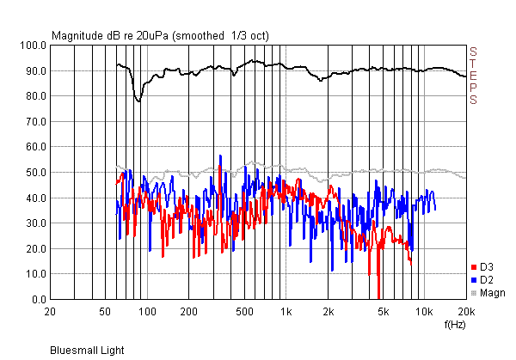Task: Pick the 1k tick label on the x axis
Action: coord(286,311)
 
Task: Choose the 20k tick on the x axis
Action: coord(465,311)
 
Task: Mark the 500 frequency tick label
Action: coord(244,311)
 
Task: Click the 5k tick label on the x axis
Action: coord(383,311)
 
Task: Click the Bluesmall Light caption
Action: coord(86,351)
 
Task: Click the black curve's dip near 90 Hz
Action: coord(138,101)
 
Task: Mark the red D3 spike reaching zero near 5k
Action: coord(379,296)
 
